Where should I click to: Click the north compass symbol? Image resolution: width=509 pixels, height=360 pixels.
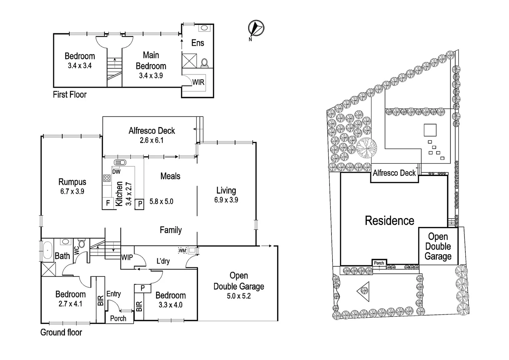[256, 28]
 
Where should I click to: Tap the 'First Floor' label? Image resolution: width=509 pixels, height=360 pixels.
[70, 95]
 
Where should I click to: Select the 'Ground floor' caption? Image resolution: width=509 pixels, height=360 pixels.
[61, 332]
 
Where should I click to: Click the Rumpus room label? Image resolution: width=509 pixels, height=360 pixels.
[72, 182]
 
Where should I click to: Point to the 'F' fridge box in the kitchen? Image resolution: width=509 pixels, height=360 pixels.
[108, 203]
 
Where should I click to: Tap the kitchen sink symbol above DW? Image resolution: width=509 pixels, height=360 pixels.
[120, 163]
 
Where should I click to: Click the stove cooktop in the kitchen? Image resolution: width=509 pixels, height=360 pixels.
[107, 178]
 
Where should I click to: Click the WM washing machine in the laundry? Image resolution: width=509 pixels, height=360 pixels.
[182, 250]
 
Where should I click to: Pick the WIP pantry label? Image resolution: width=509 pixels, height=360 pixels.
[127, 257]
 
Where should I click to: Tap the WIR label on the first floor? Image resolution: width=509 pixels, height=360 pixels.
[198, 82]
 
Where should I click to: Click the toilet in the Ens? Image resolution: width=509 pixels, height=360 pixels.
[205, 62]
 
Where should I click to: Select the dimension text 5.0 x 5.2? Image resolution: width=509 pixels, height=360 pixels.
[239, 296]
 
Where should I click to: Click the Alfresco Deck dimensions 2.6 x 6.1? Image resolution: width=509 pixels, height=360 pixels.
[152, 140]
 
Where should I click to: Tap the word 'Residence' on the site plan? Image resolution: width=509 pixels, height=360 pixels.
[389, 221]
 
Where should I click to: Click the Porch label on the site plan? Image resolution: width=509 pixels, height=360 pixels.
[379, 263]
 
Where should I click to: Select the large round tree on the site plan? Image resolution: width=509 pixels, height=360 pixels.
[366, 148]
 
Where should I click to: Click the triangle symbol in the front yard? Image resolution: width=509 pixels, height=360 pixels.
[363, 291]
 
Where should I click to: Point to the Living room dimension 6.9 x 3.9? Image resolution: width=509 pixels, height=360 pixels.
[226, 200]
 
